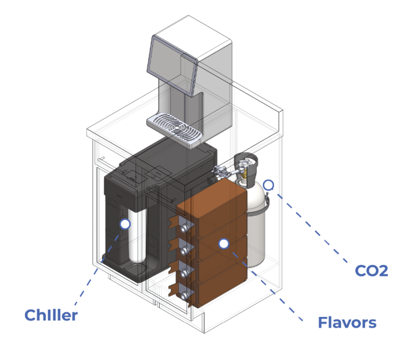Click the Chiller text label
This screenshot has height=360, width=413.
point(51,315)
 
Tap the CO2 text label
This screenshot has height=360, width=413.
point(371,271)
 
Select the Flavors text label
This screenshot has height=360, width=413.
point(347,323)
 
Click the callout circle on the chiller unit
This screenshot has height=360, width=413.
point(125,224)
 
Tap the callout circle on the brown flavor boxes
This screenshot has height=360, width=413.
point(224,244)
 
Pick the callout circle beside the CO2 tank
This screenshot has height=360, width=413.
point(269,185)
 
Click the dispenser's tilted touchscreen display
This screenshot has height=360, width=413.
point(172,65)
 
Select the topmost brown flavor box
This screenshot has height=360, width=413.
point(212,208)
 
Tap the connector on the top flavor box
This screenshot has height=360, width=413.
point(184,229)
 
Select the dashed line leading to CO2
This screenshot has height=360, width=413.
point(312,228)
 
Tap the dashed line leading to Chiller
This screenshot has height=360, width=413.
point(97,270)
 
